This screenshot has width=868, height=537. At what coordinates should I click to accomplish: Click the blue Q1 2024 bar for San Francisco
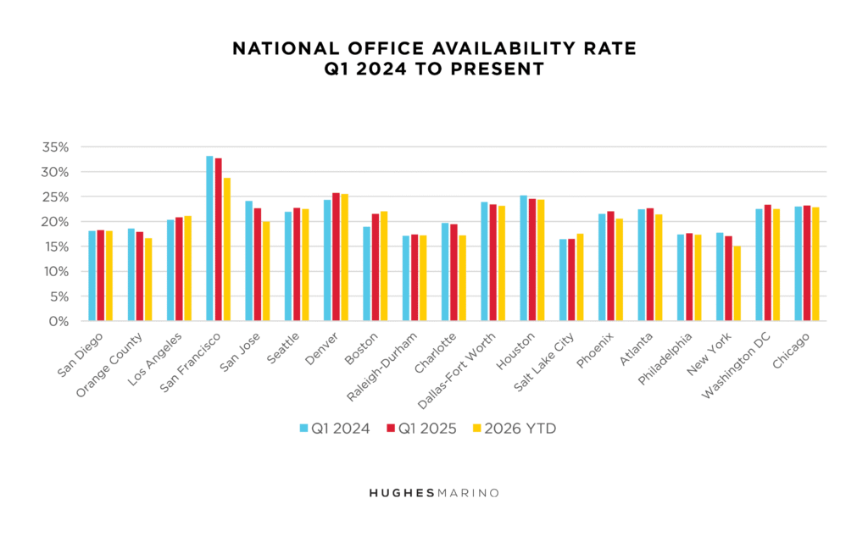[x=209, y=238]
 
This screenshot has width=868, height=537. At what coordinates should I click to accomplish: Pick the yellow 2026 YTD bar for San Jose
[x=265, y=271]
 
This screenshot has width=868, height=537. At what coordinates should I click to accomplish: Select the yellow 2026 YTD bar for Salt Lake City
[x=580, y=277]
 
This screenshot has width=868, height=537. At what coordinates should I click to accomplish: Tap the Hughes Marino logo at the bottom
[x=434, y=492]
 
